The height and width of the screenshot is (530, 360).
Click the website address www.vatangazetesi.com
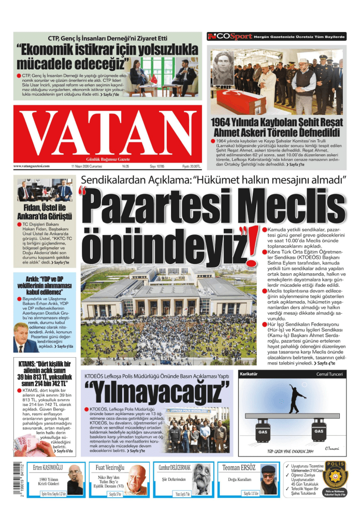32,166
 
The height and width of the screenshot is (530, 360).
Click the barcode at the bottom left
11,482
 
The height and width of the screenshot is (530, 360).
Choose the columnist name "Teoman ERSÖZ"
239,468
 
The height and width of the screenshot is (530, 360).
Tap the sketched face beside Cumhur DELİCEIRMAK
204,481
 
